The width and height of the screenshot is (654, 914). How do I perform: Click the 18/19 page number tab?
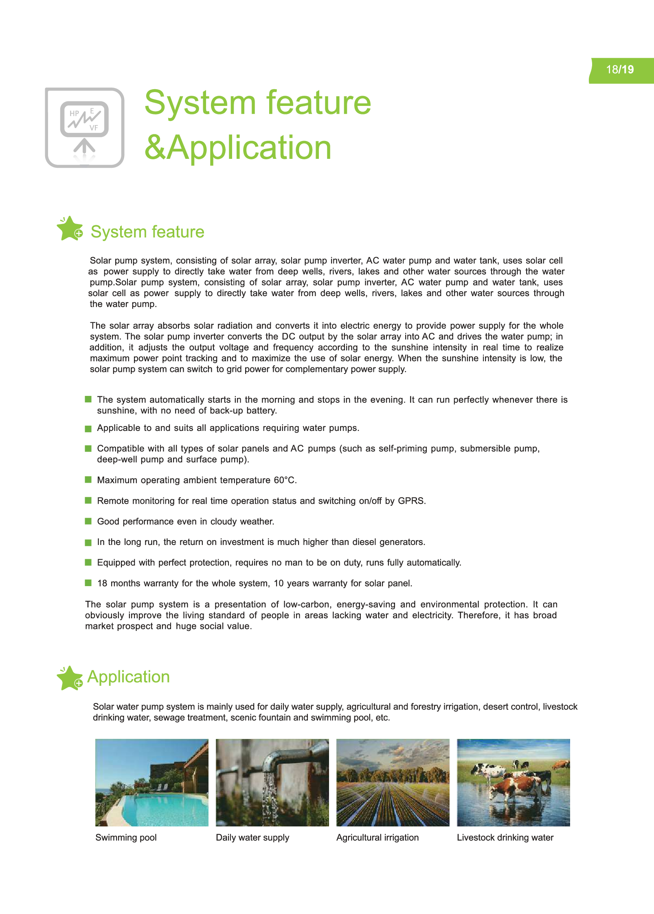coord(621,70)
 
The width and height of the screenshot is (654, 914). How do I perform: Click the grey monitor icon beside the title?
coord(85,127)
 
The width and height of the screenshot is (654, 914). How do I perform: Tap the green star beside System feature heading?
coord(70,228)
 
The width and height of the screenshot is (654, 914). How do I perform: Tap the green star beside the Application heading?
coord(70,678)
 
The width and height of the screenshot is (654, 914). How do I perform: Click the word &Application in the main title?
coord(238,147)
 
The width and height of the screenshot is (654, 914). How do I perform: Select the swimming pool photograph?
coord(151,782)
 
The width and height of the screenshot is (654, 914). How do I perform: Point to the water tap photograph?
coord(272,782)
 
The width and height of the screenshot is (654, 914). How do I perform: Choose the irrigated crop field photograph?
coord(393,782)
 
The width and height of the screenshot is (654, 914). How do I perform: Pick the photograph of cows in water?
coord(513,782)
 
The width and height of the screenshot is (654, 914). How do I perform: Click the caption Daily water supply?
coord(252,837)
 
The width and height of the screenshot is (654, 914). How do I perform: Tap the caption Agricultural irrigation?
coord(377,837)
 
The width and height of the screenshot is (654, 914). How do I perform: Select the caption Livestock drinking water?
coord(505,837)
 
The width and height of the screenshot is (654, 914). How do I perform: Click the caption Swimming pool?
coord(126,837)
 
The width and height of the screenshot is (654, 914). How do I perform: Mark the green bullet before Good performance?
coord(88,521)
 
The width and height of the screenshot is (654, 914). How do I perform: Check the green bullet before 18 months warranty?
coord(88,583)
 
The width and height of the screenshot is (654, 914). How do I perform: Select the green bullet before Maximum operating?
coord(88,480)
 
